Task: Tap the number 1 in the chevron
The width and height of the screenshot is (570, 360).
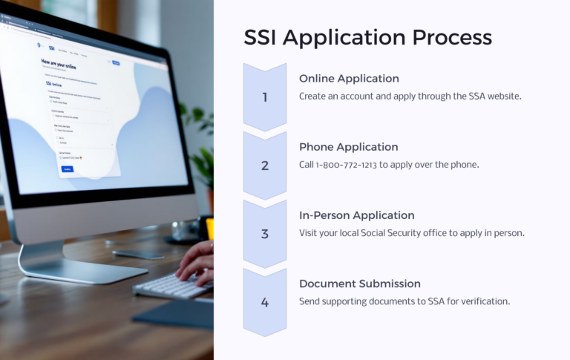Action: (x=264, y=97)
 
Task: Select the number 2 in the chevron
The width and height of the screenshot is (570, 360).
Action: (x=264, y=166)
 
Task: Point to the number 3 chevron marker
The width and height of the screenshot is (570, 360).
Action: (x=264, y=234)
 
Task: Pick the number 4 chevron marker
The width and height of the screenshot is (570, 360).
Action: (x=264, y=302)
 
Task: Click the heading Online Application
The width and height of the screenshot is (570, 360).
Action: (x=349, y=79)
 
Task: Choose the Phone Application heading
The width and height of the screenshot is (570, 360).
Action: (x=348, y=147)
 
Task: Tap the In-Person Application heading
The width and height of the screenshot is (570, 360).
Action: (x=356, y=215)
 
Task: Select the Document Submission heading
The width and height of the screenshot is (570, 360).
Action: (x=360, y=284)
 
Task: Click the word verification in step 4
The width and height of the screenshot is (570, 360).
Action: (x=483, y=301)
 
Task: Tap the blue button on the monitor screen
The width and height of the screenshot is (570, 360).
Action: (x=67, y=168)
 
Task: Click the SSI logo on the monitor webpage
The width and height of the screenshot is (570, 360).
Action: (x=51, y=48)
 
